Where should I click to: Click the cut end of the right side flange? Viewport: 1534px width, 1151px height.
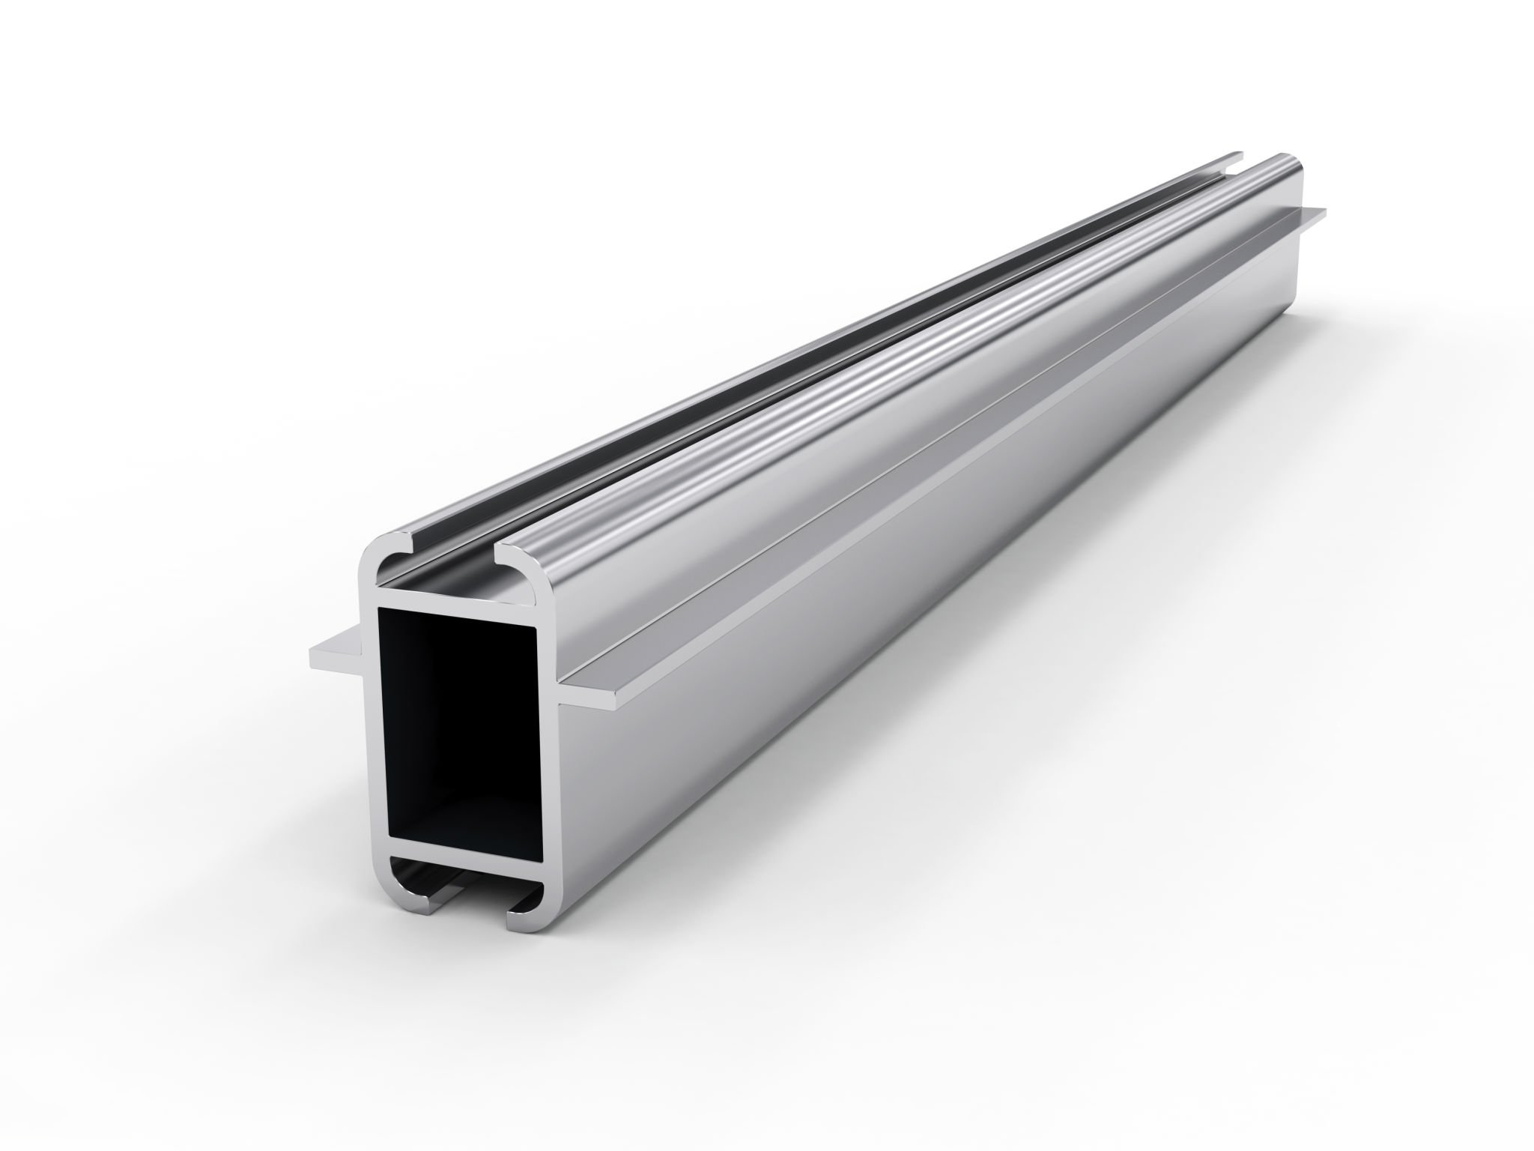coord(592,698)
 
